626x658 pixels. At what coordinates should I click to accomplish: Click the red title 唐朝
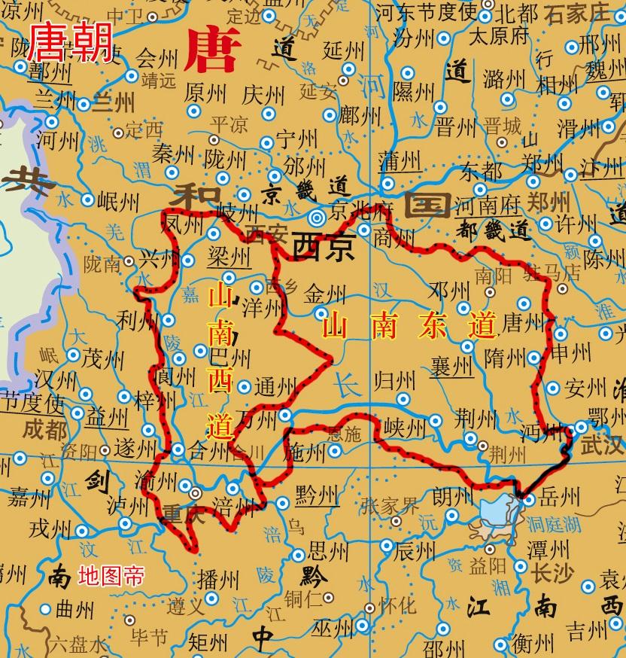tap(69, 41)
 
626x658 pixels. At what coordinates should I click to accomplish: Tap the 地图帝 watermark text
tap(111, 577)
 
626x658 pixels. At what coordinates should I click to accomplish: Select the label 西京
tap(323, 246)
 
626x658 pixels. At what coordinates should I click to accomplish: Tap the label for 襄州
tap(451, 367)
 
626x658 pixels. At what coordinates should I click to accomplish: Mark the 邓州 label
tap(448, 292)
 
